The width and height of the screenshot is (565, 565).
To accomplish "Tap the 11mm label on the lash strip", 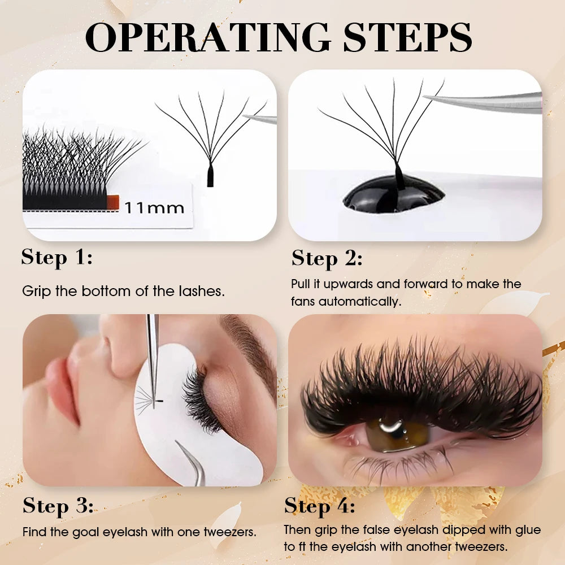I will point(154,208).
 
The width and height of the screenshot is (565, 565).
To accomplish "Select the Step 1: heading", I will point(56,258).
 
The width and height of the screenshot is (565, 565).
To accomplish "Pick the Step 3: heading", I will point(58,506).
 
